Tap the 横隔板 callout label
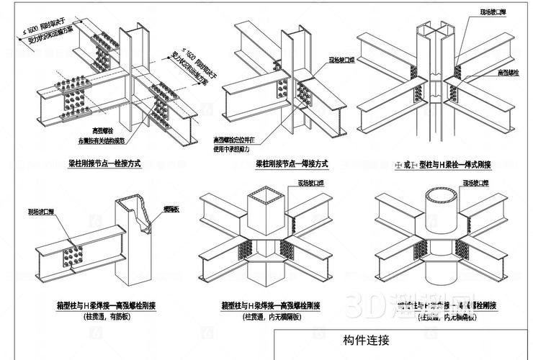point(171,210)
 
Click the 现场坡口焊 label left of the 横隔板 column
point(38,213)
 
